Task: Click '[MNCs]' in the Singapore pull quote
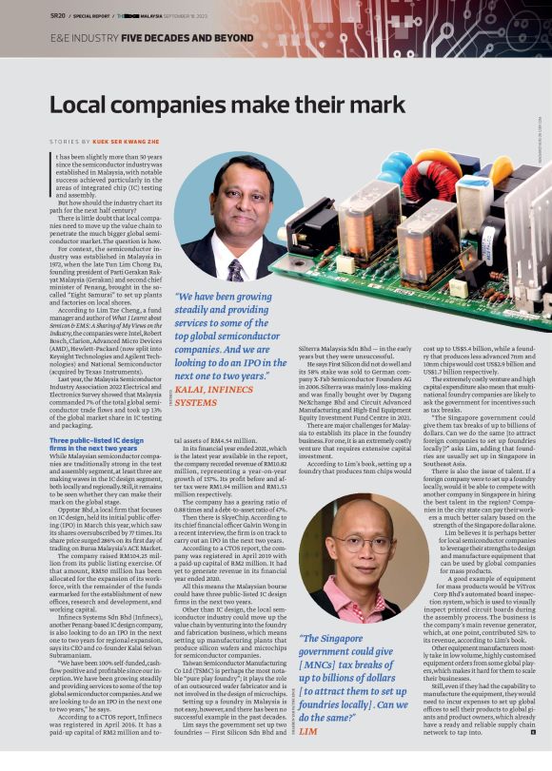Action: tap(323, 665)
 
